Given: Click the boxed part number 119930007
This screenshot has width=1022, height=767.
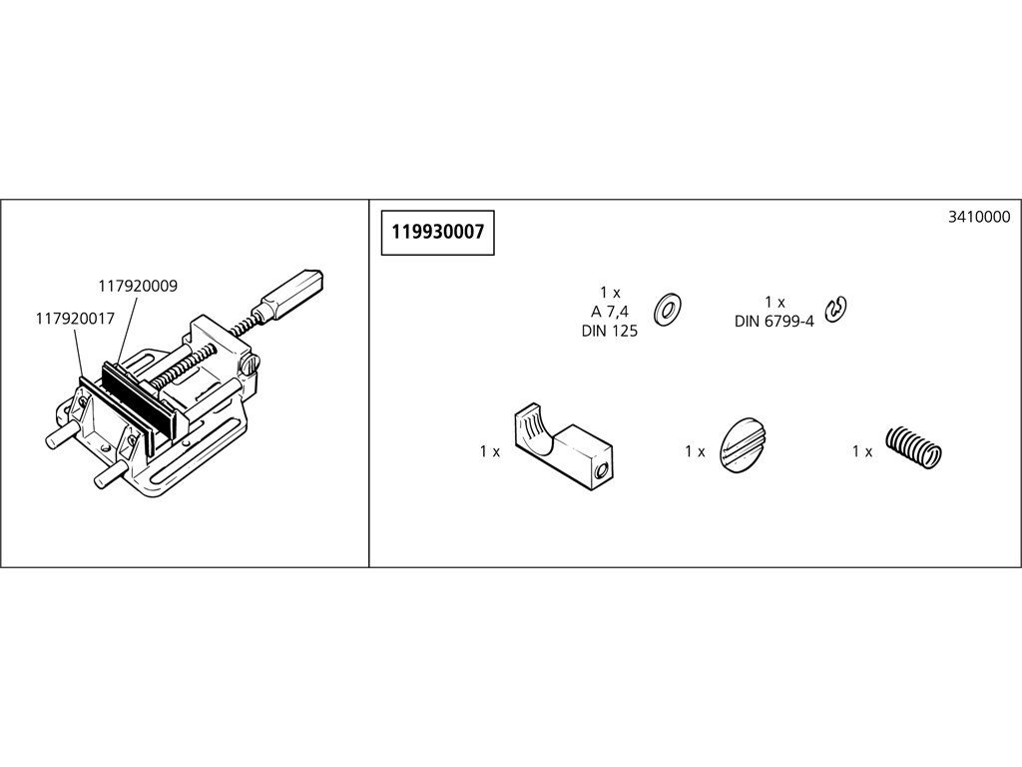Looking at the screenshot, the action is click(x=438, y=232).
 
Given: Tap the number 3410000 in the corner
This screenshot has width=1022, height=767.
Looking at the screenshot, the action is click(x=979, y=217).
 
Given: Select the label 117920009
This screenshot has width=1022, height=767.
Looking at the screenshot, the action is click(x=138, y=287).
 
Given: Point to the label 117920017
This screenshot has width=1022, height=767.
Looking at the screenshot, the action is click(x=75, y=319).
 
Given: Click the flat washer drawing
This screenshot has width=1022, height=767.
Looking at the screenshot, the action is click(x=668, y=310).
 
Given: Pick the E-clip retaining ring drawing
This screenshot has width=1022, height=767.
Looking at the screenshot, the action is click(x=835, y=310).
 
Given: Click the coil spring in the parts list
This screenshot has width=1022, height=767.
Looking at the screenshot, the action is click(x=914, y=446).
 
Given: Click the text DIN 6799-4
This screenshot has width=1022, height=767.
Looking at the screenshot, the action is click(x=774, y=322).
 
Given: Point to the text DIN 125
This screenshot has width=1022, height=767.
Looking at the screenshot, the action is click(x=610, y=332).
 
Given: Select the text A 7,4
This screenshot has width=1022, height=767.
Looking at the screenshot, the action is click(x=610, y=312).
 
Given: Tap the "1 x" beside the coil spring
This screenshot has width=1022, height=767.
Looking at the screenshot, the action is click(x=862, y=451).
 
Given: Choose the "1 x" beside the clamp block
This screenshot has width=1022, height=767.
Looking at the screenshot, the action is click(x=490, y=451).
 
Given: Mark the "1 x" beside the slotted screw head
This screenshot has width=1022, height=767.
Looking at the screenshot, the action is click(x=695, y=451).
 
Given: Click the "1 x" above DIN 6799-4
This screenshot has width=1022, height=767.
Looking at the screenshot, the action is click(x=774, y=302).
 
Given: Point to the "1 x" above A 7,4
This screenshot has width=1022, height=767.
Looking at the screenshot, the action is click(x=610, y=293).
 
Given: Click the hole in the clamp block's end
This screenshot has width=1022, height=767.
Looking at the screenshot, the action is click(x=604, y=469).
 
